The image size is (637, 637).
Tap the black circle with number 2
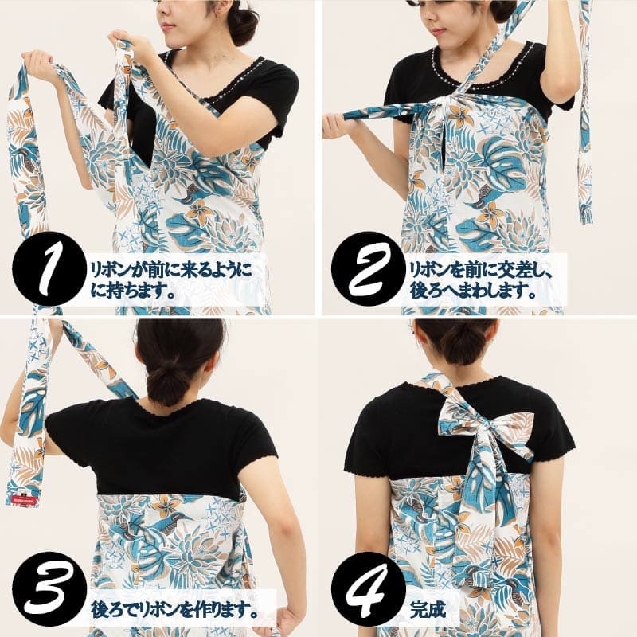(368, 268)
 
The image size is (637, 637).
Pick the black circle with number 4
(368, 588)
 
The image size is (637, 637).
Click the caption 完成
(428, 609)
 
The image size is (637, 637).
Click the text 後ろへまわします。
(472, 291)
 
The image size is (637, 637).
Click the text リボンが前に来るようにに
(171, 269)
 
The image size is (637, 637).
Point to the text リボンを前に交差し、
(482, 269)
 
